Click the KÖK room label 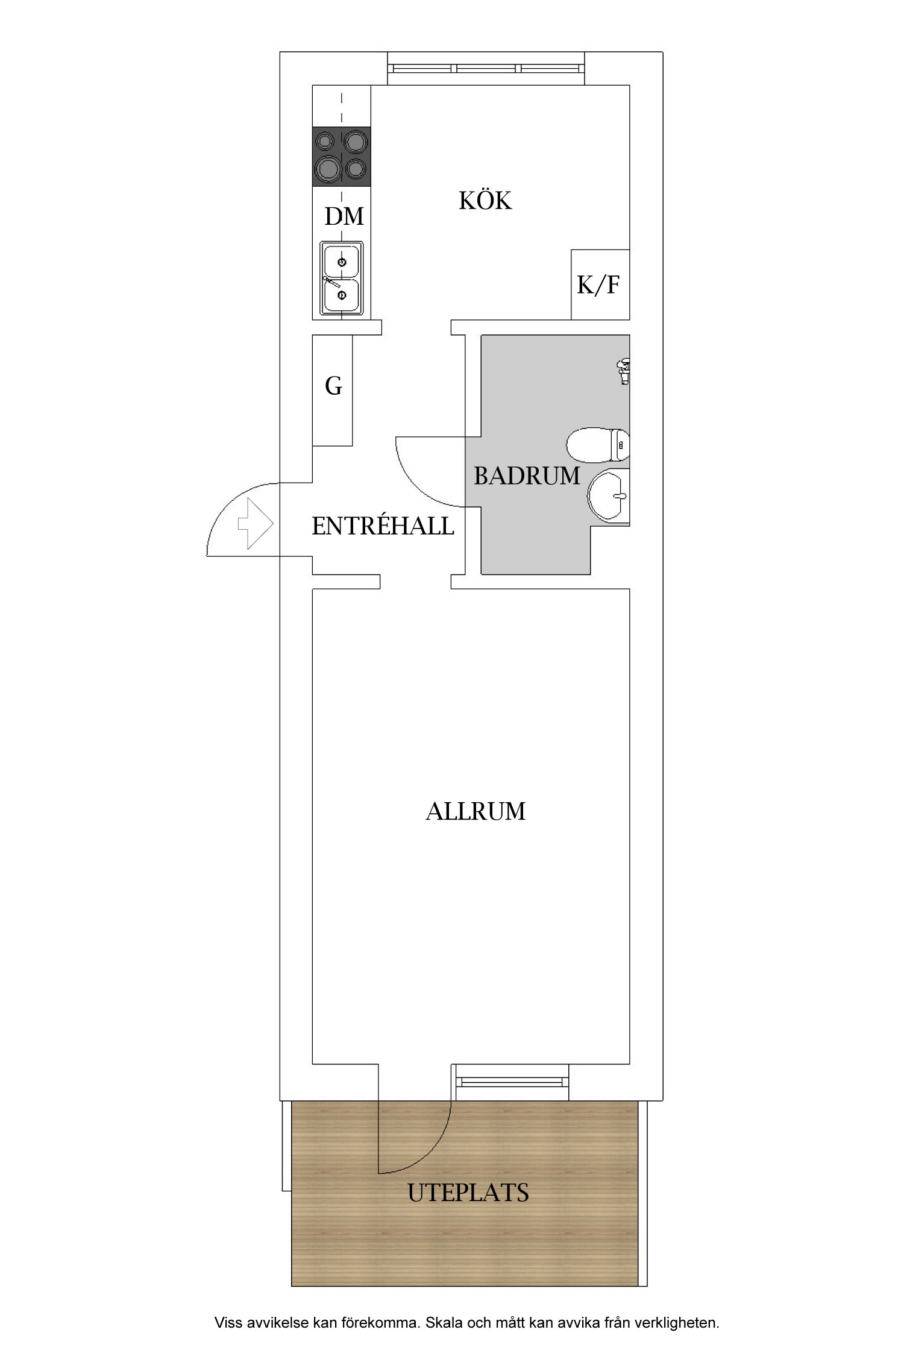coord(485,201)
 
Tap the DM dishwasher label coord(344,216)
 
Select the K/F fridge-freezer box coord(600,284)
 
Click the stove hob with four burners coord(341,156)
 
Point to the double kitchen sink coord(342,278)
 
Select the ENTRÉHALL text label coord(383,527)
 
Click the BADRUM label coord(526,476)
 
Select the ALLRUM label coord(476,812)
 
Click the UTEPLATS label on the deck coord(468,1193)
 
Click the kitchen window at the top coord(486,69)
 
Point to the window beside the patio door coord(512,1082)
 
